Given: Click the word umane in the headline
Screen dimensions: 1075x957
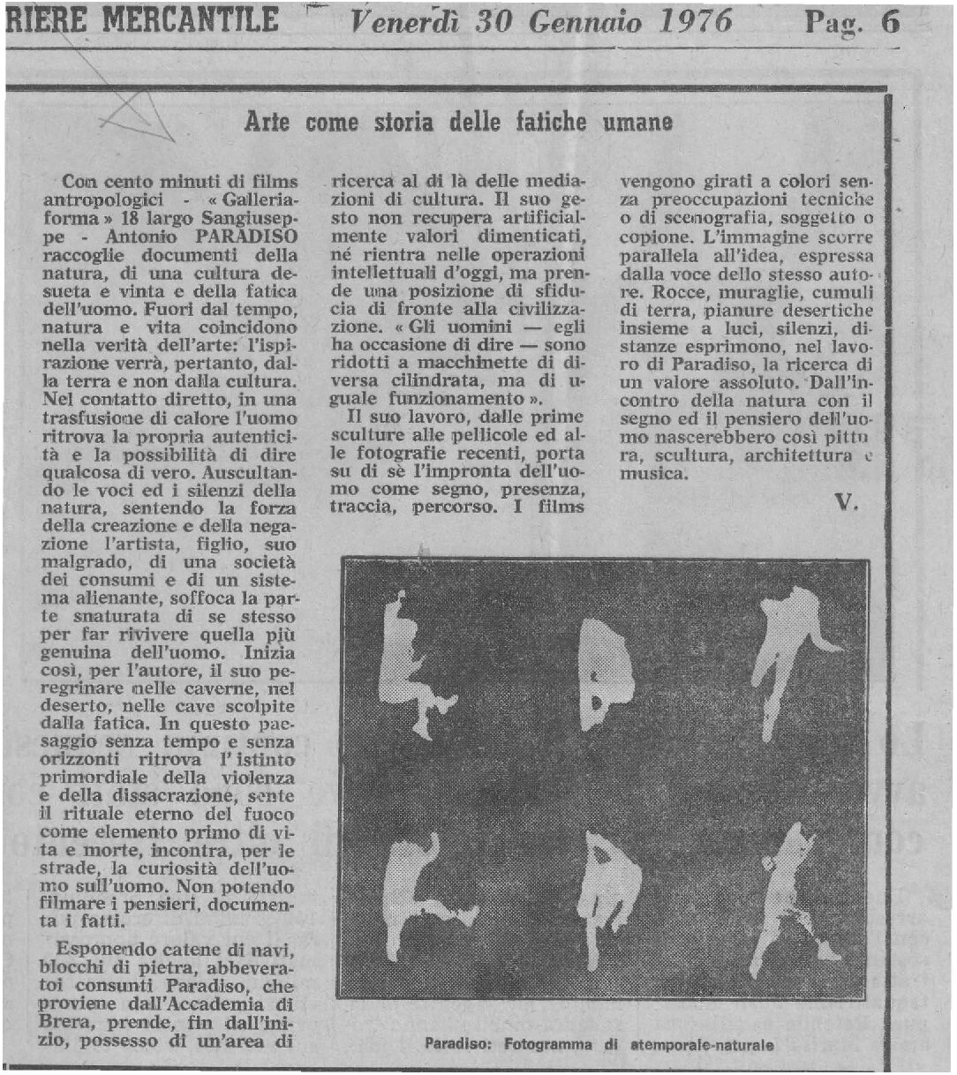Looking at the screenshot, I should click(637, 122).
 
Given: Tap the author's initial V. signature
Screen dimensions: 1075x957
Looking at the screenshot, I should click(848, 504).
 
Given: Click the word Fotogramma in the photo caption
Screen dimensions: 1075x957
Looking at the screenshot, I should click(548, 1045).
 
